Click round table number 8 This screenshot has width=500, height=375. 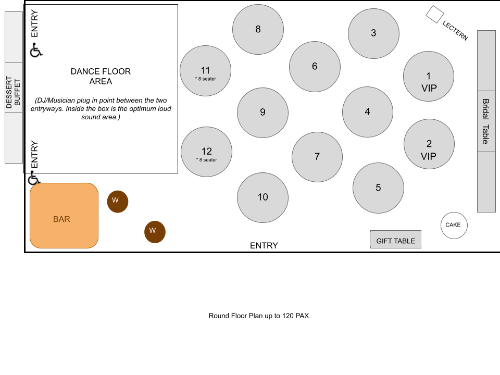(258, 29)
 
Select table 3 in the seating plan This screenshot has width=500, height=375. (373, 33)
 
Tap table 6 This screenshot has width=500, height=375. (315, 67)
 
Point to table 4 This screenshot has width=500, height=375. (367, 112)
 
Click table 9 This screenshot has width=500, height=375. (262, 113)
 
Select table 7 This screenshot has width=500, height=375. (317, 157)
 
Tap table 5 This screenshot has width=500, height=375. (378, 188)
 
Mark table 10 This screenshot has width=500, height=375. (262, 197)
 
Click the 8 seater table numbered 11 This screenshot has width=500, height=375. (205, 71)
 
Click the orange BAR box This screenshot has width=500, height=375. (64, 216)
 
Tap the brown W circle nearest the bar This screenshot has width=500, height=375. (118, 201)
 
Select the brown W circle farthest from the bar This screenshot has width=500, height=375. (155, 232)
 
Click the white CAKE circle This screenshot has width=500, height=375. (454, 225)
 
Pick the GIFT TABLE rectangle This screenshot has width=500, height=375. (396, 240)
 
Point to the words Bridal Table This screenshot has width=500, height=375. (485, 121)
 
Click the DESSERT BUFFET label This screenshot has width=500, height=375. (14, 92)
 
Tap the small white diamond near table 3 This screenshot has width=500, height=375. (435, 14)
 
